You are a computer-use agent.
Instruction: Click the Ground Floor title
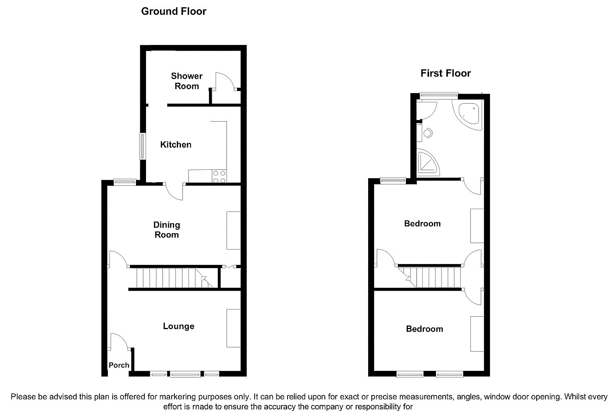tap(174, 11)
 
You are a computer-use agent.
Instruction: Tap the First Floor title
tap(445, 73)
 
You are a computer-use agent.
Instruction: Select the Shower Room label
tap(186, 81)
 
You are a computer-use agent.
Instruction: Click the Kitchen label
tap(176, 144)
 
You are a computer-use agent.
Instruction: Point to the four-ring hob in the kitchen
tap(219, 177)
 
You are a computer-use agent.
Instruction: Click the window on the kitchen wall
tap(142, 146)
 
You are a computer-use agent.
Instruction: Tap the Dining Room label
tap(167, 230)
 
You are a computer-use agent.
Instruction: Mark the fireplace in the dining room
tap(233, 230)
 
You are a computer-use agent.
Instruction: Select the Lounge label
tap(178, 326)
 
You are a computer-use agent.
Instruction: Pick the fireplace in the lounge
tap(233, 328)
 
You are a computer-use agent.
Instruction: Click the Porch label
tap(119, 365)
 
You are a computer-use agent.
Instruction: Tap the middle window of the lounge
tap(185, 374)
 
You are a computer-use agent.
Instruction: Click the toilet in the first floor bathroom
tap(427, 132)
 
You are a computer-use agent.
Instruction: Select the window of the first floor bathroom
tap(438, 95)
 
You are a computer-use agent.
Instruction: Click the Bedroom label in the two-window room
tap(424, 329)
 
